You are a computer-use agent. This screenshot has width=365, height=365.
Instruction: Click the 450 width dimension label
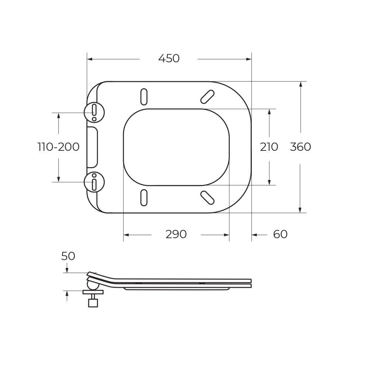(x=169, y=58)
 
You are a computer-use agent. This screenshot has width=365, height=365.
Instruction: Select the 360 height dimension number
(x=300, y=147)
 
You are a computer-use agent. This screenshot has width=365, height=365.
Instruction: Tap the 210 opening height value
(x=269, y=147)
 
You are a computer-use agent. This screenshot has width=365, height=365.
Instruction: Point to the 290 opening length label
(x=176, y=234)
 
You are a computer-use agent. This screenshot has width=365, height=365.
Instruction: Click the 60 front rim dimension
(x=280, y=234)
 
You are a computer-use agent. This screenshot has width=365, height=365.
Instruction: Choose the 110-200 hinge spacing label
(x=58, y=147)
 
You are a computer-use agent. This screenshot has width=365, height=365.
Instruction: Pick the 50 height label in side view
(x=68, y=256)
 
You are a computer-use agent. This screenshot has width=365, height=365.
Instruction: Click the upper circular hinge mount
(x=94, y=112)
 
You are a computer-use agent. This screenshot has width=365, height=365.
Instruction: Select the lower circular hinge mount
(x=94, y=182)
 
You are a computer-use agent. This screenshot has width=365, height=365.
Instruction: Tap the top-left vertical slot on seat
(x=144, y=97)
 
